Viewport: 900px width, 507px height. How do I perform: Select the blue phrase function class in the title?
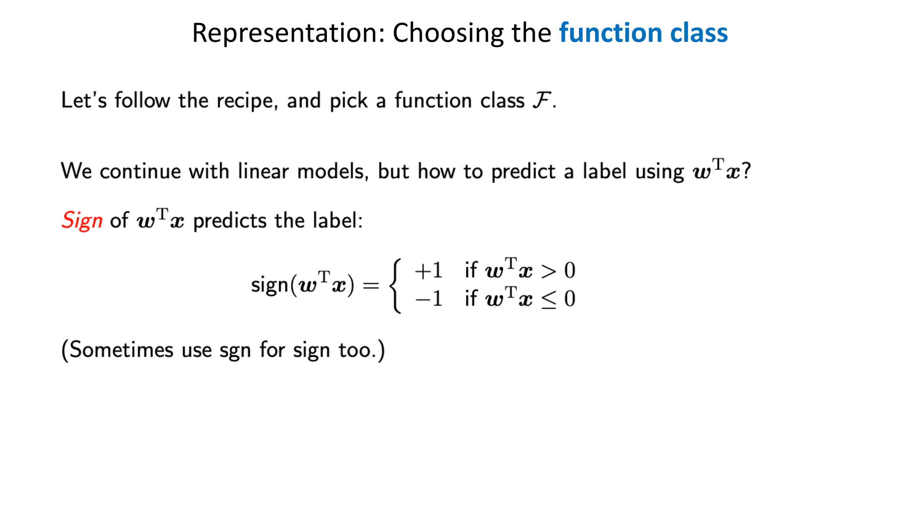coord(643,33)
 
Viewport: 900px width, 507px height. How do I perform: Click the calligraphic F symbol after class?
coord(541,100)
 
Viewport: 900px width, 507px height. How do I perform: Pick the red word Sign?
coord(82,221)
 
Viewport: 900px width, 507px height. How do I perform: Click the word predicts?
coord(229,221)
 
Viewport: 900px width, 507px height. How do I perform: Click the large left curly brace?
coord(396,286)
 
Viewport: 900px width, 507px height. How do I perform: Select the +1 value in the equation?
coord(428,271)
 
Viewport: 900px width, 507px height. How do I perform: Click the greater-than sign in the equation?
coord(548,272)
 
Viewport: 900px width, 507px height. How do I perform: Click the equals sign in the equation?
coord(370,286)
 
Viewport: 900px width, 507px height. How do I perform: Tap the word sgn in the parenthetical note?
coord(235,351)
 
